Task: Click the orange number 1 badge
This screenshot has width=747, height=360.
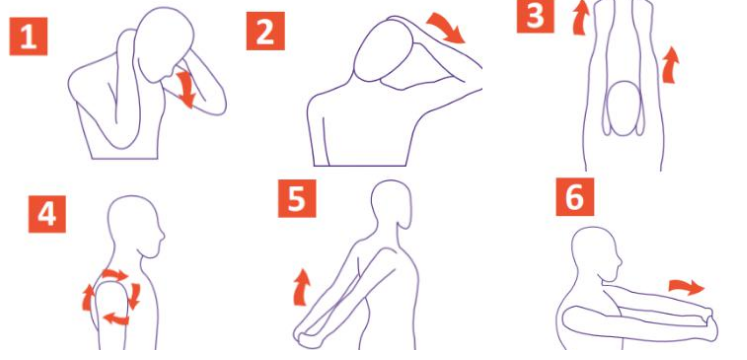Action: tap(29, 36)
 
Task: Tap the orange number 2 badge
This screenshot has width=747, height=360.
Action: tap(265, 31)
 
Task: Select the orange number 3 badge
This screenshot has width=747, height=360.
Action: tap(535, 17)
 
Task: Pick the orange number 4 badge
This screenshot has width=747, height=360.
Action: tap(47, 214)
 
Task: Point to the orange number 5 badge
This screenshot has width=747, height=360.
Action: tap(297, 199)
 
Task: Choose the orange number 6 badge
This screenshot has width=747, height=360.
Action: tap(575, 197)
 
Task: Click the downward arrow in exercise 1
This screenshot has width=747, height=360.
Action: tap(185, 89)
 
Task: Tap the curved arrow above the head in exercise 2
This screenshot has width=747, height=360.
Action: tap(446, 28)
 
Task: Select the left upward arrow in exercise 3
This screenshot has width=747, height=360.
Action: tap(581, 18)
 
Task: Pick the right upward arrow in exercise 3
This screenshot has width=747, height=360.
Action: tap(670, 65)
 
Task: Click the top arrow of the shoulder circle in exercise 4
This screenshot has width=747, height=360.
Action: tap(115, 275)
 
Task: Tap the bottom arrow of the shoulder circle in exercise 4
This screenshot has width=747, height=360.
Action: tap(117, 318)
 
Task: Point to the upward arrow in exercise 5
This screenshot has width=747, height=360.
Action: tap(301, 287)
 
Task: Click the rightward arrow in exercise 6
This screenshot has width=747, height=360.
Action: tap(686, 287)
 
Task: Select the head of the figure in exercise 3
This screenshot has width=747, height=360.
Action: tap(624, 109)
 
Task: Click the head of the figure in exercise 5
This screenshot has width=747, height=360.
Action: tap(391, 205)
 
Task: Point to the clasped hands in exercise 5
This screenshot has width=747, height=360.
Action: tap(304, 332)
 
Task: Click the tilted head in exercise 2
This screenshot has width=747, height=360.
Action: tap(380, 51)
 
